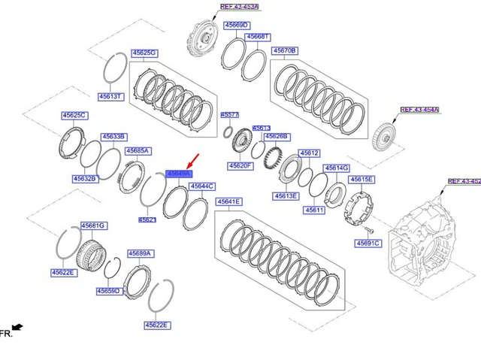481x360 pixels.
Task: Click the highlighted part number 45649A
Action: pos(178,174)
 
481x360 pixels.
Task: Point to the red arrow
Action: pos(194,161)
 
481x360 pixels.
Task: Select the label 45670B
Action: pos(285,50)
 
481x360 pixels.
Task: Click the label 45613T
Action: pos(110,96)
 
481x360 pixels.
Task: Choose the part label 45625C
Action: pos(74,116)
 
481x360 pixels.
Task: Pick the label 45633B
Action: pos(114,137)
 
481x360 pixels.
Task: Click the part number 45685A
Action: pos(138,151)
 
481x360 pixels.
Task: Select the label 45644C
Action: pos(201,186)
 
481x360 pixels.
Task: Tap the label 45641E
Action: pos(228,202)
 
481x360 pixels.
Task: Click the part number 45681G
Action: pos(94,225)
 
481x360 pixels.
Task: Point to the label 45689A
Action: pos(141,254)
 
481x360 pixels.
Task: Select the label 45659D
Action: pos(108,291)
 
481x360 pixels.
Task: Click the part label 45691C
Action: pos(368,244)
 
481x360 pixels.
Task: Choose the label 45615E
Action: pos(361,180)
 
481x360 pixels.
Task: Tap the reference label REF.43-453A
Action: pos(239,6)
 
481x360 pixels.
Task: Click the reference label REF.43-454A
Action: pos(419,110)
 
